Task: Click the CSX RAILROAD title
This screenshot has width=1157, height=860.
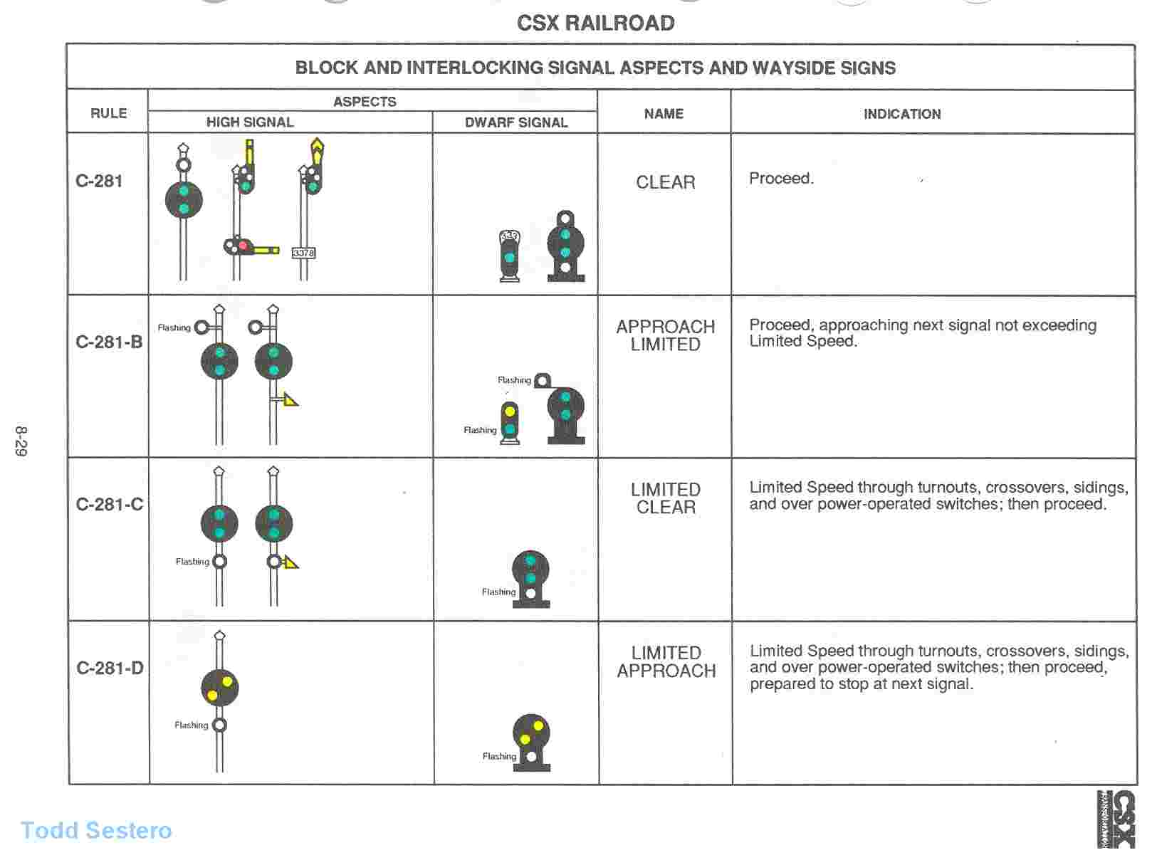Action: point(595,23)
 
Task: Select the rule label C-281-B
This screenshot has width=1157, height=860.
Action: point(109,342)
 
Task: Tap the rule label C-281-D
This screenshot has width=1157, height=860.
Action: point(110,668)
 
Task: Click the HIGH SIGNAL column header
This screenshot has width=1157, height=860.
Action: point(250,122)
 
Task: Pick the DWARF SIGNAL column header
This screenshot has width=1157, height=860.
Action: point(516,122)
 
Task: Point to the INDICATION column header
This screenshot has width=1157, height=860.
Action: point(902,114)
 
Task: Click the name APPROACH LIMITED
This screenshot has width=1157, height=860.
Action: point(665,335)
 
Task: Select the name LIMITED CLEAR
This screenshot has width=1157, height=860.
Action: point(666,498)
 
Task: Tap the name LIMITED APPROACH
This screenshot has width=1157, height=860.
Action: point(666,661)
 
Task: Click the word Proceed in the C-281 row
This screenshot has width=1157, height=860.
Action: point(780,179)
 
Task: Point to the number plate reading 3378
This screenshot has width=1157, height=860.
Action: point(303,253)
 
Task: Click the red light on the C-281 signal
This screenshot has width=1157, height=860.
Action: point(243,246)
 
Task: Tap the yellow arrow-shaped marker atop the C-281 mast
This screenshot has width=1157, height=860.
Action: point(317,150)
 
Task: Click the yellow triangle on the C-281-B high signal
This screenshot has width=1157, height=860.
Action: point(290,399)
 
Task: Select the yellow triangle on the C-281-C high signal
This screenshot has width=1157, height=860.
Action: point(290,562)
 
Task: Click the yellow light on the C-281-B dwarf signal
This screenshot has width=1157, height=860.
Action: point(510,411)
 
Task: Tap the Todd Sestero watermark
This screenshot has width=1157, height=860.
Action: point(96,831)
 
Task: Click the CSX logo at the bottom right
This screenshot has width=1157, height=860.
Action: point(1116,819)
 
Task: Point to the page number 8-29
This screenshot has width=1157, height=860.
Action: point(21,441)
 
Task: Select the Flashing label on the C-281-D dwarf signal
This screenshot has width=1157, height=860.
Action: point(499,756)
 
